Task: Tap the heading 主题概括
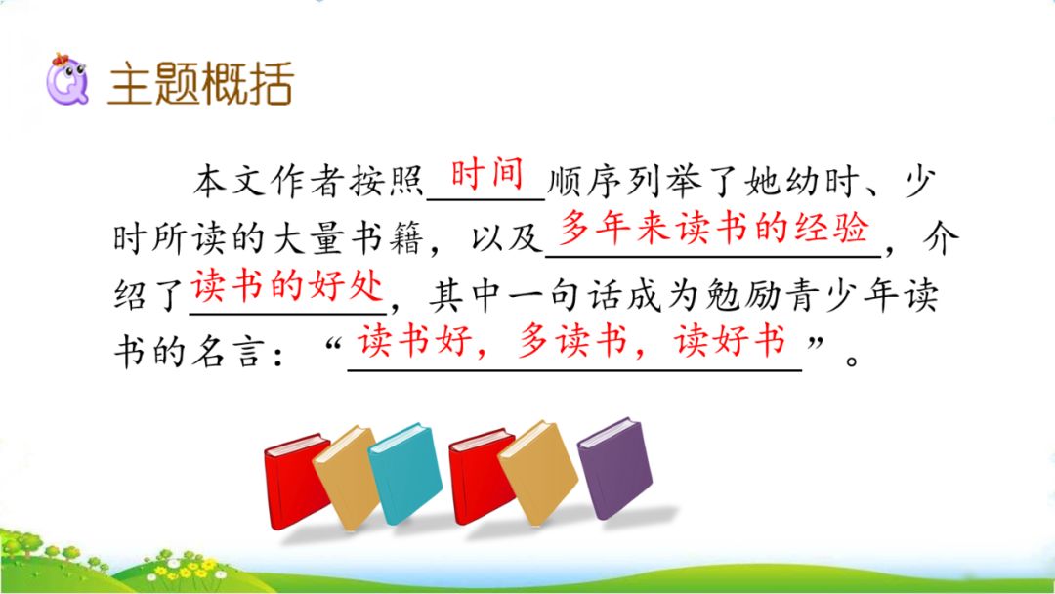(200, 85)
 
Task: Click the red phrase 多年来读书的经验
(714, 230)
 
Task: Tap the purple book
(613, 466)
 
